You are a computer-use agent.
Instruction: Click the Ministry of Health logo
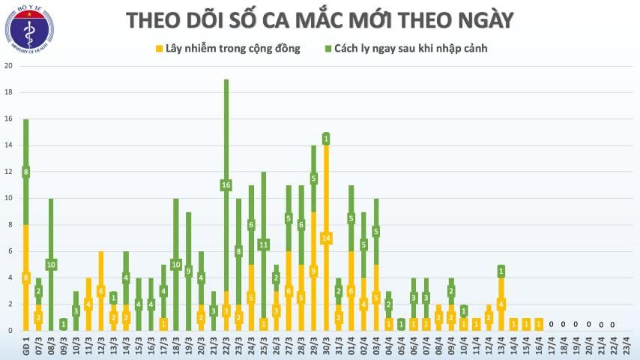click(29, 29)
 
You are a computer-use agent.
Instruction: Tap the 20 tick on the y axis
click(9, 66)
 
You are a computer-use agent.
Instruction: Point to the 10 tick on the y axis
click(9, 198)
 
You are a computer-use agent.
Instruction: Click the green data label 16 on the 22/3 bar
click(226, 184)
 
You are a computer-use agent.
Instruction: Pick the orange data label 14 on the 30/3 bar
click(326, 238)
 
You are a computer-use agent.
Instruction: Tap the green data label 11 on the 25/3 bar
click(263, 244)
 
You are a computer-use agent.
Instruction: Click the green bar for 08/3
click(50, 225)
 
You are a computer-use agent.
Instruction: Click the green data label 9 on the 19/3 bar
click(188, 271)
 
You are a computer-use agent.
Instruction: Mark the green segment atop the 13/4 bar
click(501, 271)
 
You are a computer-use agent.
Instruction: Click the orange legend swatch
click(159, 49)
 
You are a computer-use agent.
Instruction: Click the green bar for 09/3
click(63, 324)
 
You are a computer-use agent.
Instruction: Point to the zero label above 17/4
click(551, 324)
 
